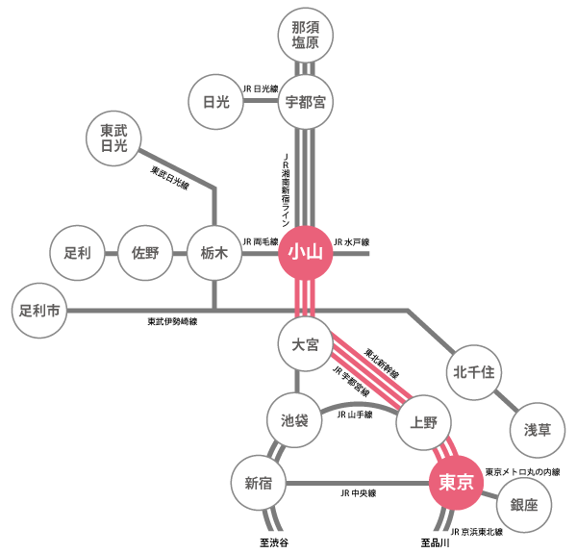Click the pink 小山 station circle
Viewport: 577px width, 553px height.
click(306, 254)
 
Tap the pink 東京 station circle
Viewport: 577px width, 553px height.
click(456, 482)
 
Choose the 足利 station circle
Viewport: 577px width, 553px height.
click(77, 254)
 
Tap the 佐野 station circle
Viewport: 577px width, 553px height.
click(146, 254)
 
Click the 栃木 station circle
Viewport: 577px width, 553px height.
click(214, 254)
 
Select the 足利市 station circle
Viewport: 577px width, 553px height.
click(41, 311)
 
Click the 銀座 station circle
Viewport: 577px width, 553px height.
click(525, 505)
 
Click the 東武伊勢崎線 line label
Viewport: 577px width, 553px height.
click(172, 322)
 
